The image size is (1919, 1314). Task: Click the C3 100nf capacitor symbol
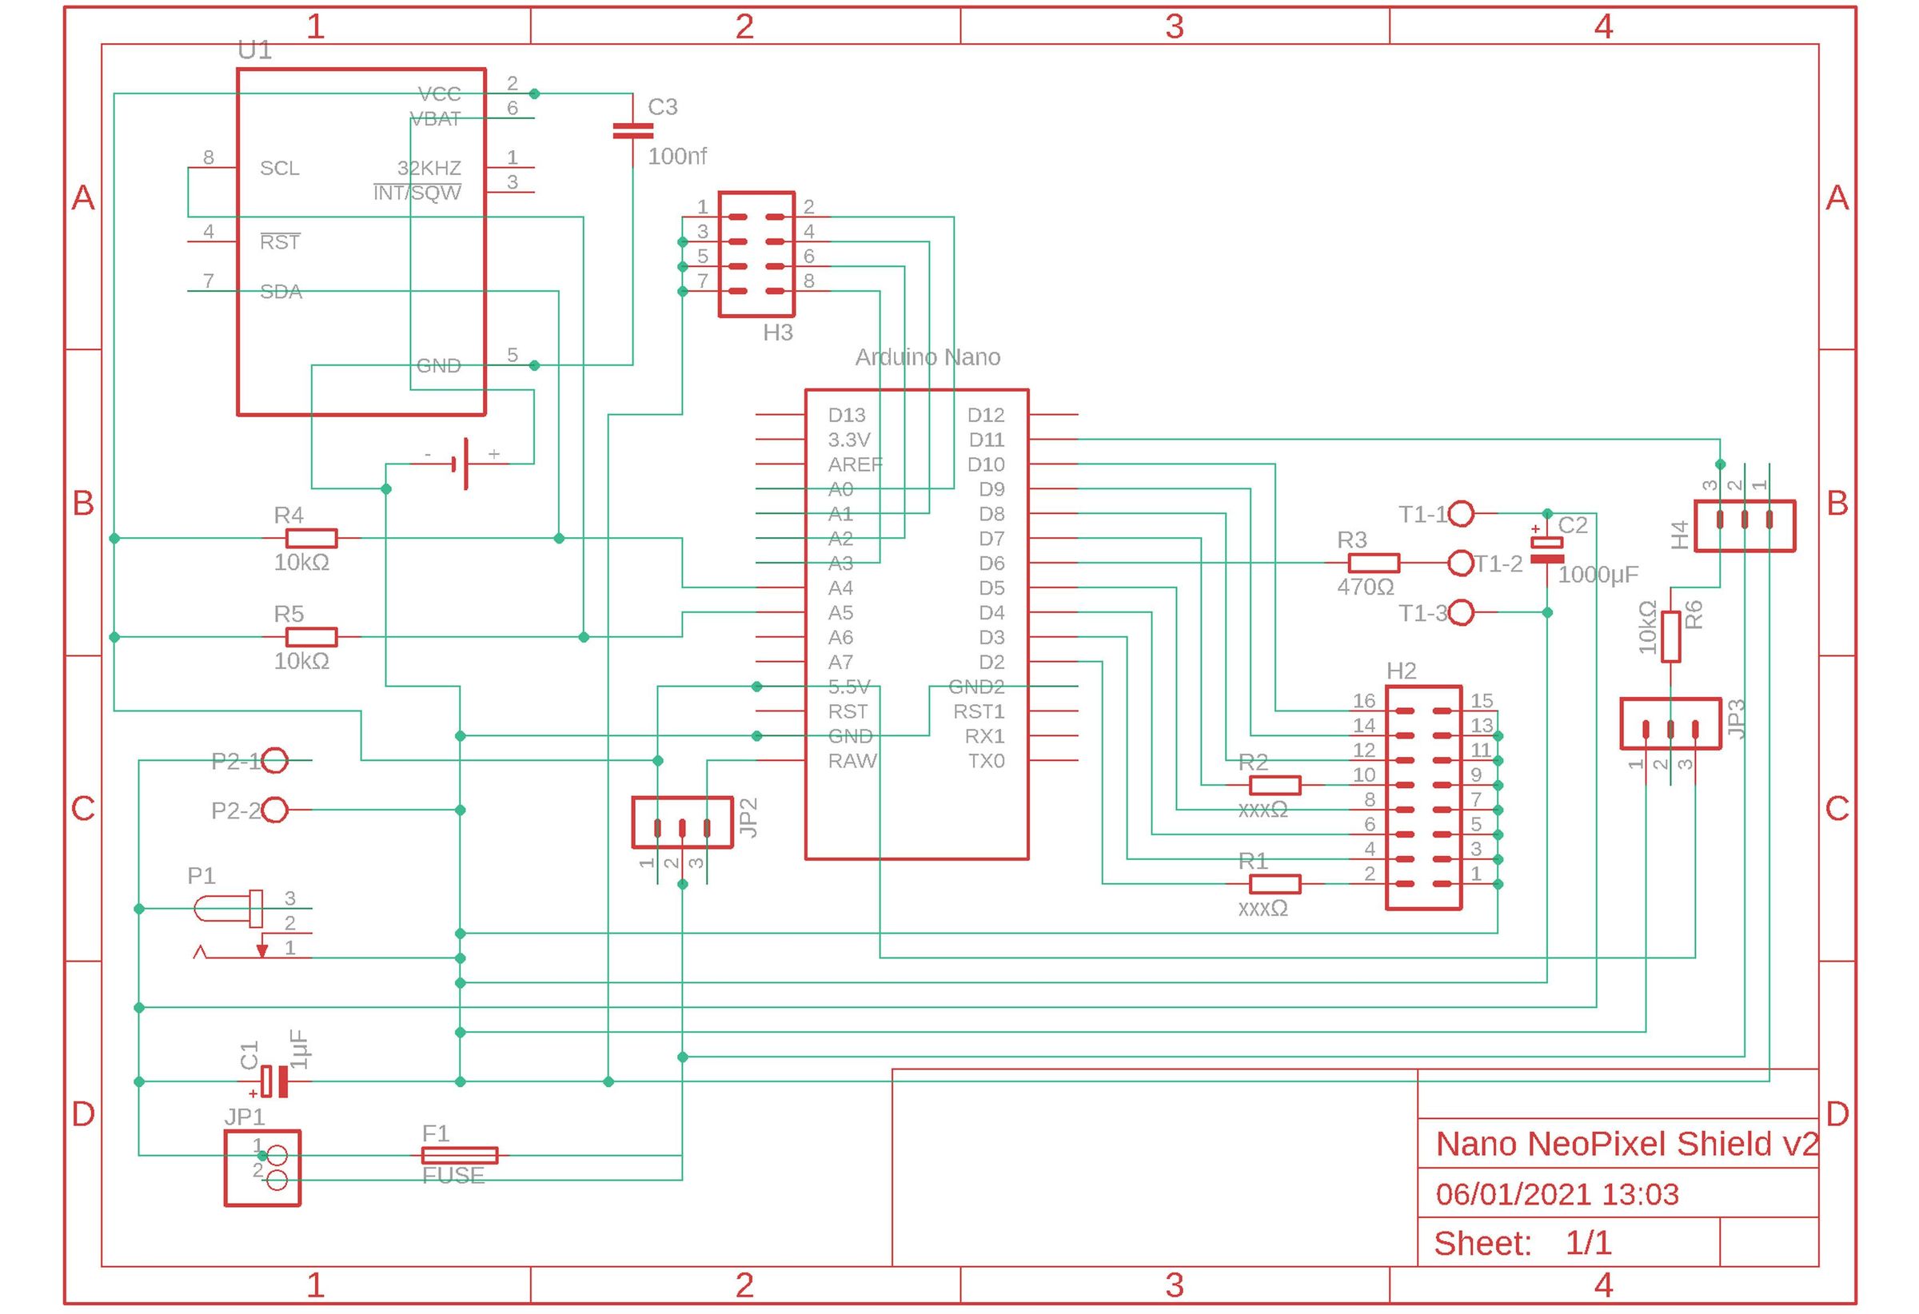(632, 131)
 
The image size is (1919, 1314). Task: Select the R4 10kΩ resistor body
(311, 539)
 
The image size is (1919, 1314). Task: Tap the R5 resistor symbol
(311, 637)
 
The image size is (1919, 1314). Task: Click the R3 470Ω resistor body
(1373, 563)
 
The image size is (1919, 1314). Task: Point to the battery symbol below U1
(461, 464)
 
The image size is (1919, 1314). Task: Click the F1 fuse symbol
(460, 1156)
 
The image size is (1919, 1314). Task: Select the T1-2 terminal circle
(1462, 563)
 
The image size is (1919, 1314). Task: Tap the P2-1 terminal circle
(275, 760)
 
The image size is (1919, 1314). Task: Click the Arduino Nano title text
(928, 357)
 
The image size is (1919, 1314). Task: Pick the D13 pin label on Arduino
(847, 415)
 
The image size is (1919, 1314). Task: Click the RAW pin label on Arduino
(852, 761)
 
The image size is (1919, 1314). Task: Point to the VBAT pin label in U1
(435, 120)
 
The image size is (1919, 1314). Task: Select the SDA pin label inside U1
(281, 293)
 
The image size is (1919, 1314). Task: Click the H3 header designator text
(778, 333)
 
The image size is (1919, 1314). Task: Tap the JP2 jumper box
(682, 822)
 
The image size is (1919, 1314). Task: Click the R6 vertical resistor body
(1670, 636)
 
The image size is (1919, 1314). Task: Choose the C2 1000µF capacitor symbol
(1546, 551)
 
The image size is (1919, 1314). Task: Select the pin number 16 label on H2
(1363, 701)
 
